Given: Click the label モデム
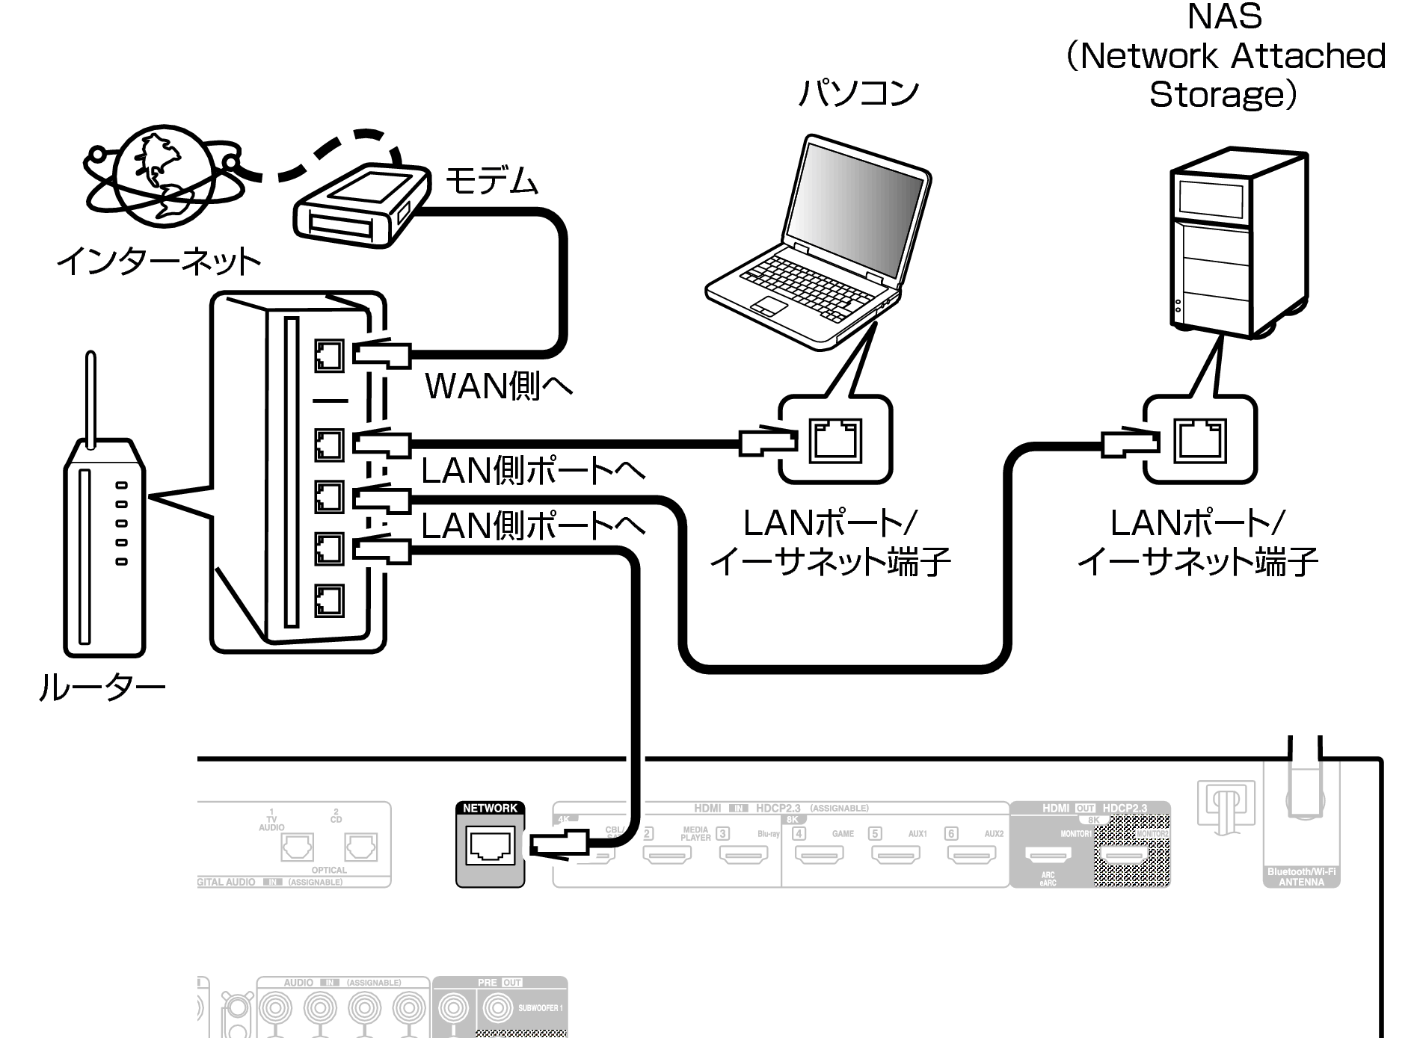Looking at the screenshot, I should coord(491,182).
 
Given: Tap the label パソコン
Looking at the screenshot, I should coord(858,93).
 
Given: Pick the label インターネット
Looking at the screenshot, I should coord(159,261).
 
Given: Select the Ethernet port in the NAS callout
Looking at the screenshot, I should coord(1200,440).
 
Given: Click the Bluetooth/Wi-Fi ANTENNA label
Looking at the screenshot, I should coord(1301,877).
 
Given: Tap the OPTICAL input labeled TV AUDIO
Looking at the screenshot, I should coord(297,847).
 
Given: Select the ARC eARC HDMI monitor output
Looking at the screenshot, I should coord(1048,854).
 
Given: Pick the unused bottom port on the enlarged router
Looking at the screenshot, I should coord(328,599).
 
